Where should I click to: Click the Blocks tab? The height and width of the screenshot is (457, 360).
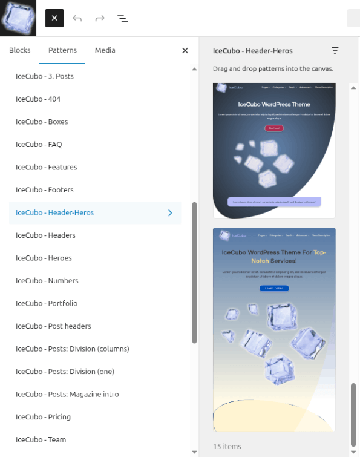point(20,50)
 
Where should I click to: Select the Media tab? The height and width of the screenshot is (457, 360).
point(105,50)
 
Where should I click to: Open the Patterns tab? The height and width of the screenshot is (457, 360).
point(62,50)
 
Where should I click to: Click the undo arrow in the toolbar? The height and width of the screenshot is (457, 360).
point(77,18)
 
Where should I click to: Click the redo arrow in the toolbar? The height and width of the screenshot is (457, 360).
point(100,18)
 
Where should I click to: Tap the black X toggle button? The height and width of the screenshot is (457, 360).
point(54,18)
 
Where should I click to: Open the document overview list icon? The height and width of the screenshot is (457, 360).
point(122,18)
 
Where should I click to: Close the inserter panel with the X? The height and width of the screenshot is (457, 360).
point(185,51)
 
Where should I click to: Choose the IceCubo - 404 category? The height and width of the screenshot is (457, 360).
point(38,99)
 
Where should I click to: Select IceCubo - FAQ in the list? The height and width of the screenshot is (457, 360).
point(39,145)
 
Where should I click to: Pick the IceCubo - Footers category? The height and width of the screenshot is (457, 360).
point(45,190)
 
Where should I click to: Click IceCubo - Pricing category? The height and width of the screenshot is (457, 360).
point(43,417)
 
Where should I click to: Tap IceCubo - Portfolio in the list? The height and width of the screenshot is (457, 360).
point(47,303)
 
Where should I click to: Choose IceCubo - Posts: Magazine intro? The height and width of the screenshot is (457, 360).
point(67,394)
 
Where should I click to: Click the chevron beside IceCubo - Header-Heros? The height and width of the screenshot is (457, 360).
point(170,212)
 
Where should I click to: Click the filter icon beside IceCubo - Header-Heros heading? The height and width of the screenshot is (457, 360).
point(335,51)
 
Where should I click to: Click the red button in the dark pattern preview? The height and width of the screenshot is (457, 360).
point(274,128)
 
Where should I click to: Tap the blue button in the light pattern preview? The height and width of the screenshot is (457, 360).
point(274,289)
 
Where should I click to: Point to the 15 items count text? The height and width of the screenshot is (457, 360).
point(227,447)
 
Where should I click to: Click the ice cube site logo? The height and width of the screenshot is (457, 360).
point(18,18)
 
